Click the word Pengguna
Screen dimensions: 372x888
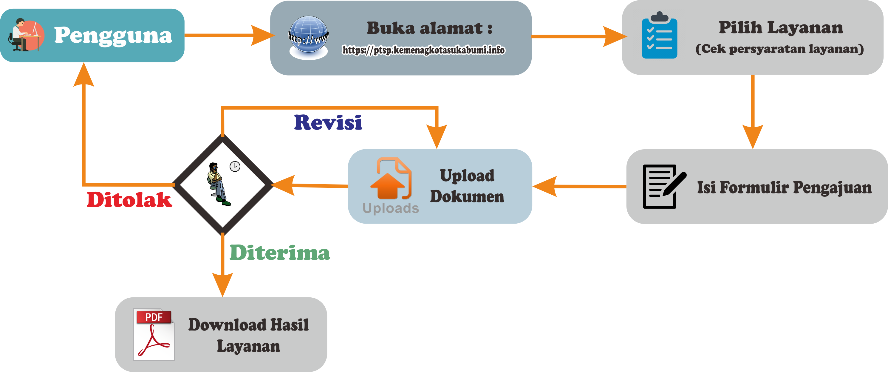113,35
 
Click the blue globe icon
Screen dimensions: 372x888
309,37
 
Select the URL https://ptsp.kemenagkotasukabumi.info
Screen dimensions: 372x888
423,50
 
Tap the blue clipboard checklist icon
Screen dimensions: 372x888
659,36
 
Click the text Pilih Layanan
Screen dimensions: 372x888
780,27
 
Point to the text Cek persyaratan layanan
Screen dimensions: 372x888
779,49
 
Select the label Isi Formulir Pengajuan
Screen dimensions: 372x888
784,187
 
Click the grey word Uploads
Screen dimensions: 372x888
391,208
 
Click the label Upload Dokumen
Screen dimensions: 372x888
467,186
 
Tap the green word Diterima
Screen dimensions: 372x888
280,253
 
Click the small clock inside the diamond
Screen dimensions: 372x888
235,166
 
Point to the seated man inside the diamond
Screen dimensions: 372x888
217,184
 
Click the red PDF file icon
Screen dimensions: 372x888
154,334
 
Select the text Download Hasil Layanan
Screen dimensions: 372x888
248,335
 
